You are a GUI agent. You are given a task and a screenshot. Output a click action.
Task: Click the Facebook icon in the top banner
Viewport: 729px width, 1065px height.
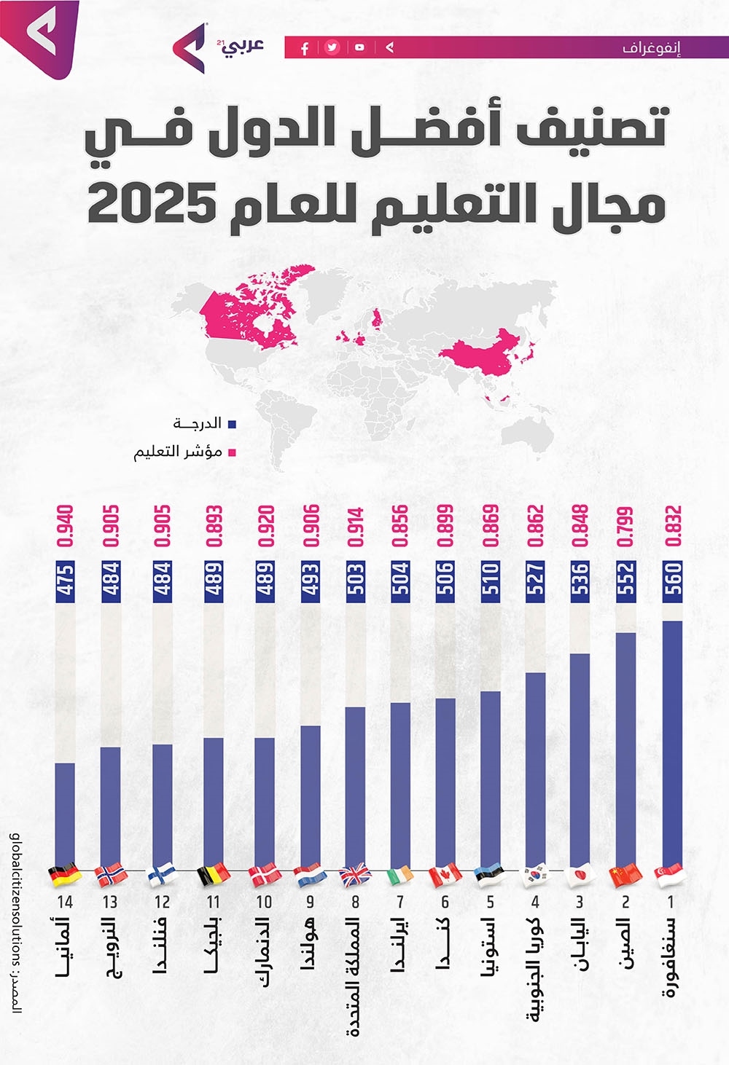tap(305, 48)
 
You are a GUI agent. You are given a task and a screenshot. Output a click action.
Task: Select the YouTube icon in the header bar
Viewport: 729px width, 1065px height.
tap(360, 48)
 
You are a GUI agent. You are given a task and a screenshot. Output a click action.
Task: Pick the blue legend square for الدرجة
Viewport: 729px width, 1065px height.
tap(233, 424)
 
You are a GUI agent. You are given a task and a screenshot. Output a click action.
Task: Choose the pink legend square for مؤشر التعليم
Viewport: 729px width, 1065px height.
tap(233, 452)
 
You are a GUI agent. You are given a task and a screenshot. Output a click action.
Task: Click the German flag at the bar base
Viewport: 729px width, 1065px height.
tap(63, 875)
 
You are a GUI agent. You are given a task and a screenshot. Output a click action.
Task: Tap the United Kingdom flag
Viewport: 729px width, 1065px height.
tap(355, 875)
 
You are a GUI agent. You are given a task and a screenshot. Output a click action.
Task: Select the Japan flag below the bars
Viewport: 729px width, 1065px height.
tap(581, 875)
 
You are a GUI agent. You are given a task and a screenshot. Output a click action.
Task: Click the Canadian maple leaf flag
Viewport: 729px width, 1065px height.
tap(445, 875)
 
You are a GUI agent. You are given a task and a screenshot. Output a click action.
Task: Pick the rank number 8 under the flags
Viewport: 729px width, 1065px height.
tap(355, 902)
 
